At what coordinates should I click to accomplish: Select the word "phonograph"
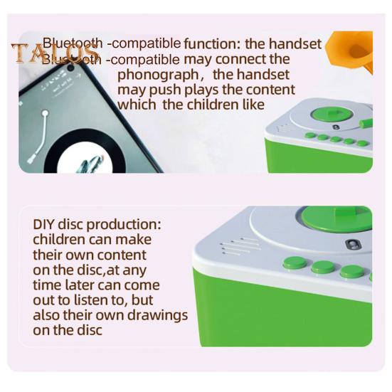click(161, 74)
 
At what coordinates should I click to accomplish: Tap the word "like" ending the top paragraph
click(250, 105)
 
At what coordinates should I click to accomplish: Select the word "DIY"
click(45, 224)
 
